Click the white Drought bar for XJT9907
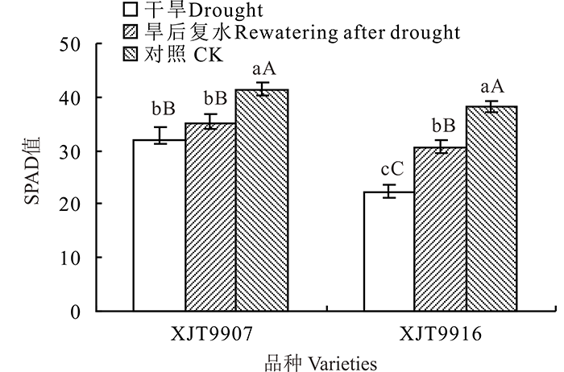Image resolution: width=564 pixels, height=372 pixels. click(x=159, y=225)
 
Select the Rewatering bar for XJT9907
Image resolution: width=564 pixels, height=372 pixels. click(x=210, y=217)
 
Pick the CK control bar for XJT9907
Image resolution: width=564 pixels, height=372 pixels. click(x=262, y=200)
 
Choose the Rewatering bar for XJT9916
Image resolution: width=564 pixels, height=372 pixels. click(x=440, y=229)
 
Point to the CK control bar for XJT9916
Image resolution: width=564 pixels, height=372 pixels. click(x=491, y=209)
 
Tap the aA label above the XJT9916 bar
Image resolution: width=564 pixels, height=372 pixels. click(x=491, y=87)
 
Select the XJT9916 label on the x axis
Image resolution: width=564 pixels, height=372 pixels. click(x=440, y=332)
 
